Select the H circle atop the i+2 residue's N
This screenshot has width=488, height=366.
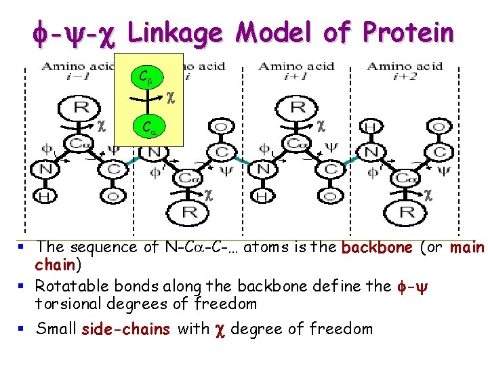click(x=370, y=127)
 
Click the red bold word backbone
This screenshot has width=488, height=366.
click(x=378, y=247)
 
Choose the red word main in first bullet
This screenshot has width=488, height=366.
click(x=467, y=247)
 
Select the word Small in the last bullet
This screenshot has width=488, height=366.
click(x=56, y=329)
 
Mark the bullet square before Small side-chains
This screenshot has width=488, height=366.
click(x=26, y=329)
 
